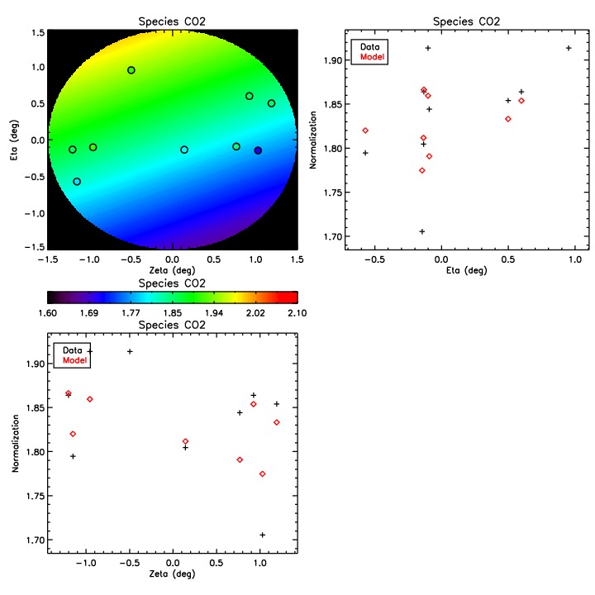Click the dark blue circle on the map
coord(258,150)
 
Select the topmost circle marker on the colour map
coord(131,70)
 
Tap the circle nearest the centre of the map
coord(184,150)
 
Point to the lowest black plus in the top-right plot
coord(422,231)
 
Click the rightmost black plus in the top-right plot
coord(569,48)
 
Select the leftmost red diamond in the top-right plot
coord(365,131)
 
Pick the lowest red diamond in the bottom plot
coord(262,474)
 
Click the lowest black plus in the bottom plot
coord(262,535)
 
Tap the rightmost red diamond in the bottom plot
coord(277,422)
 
